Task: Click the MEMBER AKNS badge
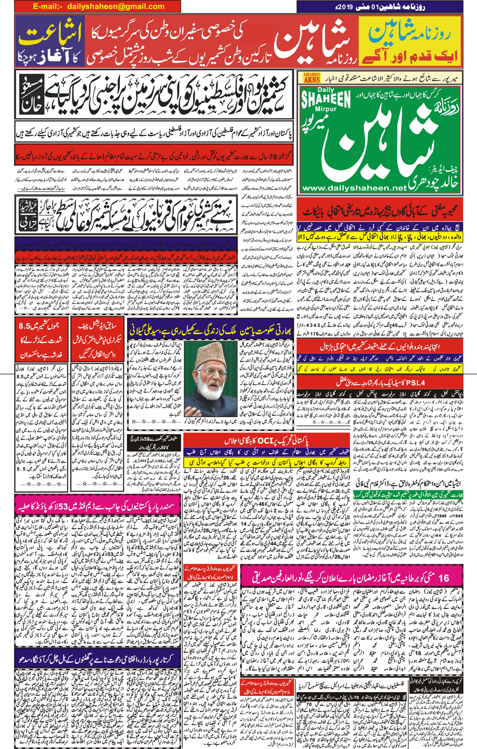click(x=312, y=78)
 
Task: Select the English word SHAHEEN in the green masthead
click(x=326, y=98)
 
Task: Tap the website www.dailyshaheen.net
click(x=354, y=188)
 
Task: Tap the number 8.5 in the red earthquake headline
click(x=30, y=326)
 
